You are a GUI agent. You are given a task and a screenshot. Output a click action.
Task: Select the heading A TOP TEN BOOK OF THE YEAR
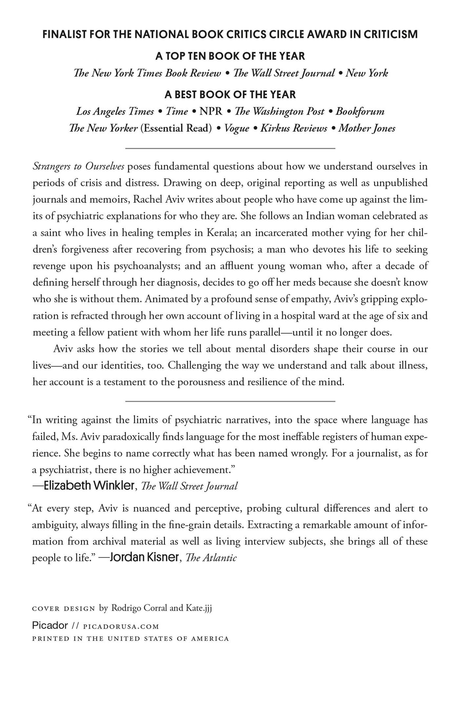pos(230,56)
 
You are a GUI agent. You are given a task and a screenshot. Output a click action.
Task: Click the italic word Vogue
pos(237,128)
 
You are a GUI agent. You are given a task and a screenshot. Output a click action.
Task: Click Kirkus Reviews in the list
pos(294,128)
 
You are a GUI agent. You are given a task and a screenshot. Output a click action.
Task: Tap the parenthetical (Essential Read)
pos(176,128)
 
